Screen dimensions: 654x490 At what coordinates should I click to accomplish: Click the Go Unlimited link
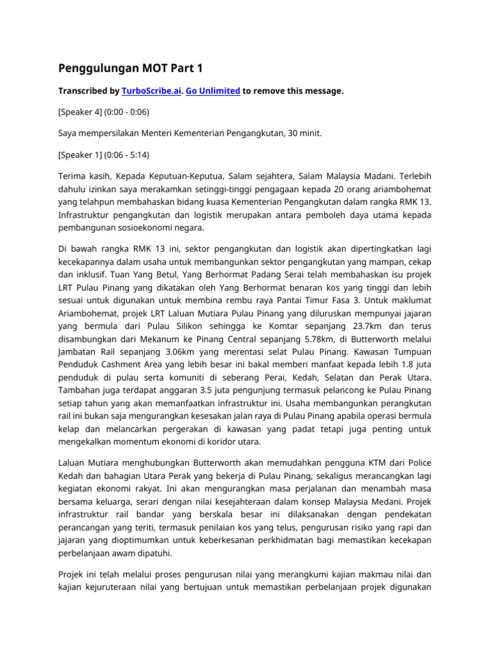coord(213,91)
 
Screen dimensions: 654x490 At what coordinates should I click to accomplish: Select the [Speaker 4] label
coord(80,111)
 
